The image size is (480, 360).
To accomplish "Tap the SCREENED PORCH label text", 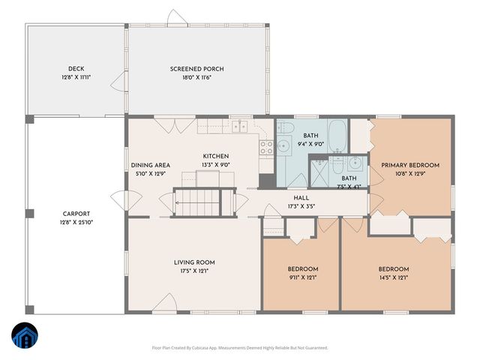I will point(197,69).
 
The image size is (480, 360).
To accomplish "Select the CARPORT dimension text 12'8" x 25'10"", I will point(77,222).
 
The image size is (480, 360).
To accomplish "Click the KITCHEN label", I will point(215,156).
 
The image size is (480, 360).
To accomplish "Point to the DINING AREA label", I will point(150,165).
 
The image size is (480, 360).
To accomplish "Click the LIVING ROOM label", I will point(194,262).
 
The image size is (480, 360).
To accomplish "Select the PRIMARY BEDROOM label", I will point(410,165).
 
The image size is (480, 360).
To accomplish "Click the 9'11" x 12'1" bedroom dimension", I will point(302,278).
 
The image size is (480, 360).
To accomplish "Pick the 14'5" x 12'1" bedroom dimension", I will point(393,278).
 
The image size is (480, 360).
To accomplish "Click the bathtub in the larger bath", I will point(337,136).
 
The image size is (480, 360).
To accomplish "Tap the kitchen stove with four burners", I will point(266,147).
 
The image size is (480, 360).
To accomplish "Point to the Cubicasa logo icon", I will point(25,337).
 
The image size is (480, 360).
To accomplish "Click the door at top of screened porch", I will point(176,16).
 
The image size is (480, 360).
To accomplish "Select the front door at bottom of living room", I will point(166,303).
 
